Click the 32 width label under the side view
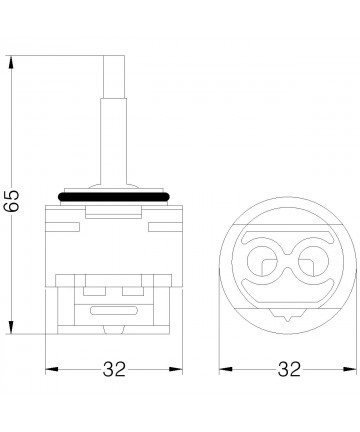[114, 369]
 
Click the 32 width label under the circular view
[289, 369]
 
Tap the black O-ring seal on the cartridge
[114, 197]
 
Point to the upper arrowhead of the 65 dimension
[11, 63]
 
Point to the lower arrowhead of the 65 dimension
[11, 327]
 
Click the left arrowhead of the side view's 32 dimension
[52, 369]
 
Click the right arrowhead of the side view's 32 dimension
[176, 369]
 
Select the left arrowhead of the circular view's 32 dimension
[225, 369]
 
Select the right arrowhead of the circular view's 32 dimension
[350, 369]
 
